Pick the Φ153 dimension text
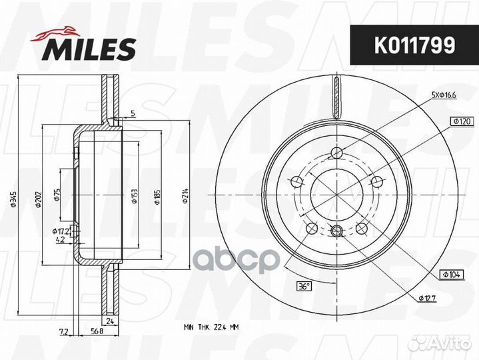click(134, 195)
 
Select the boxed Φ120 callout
click(442, 121)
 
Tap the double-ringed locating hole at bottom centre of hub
click(336, 231)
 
